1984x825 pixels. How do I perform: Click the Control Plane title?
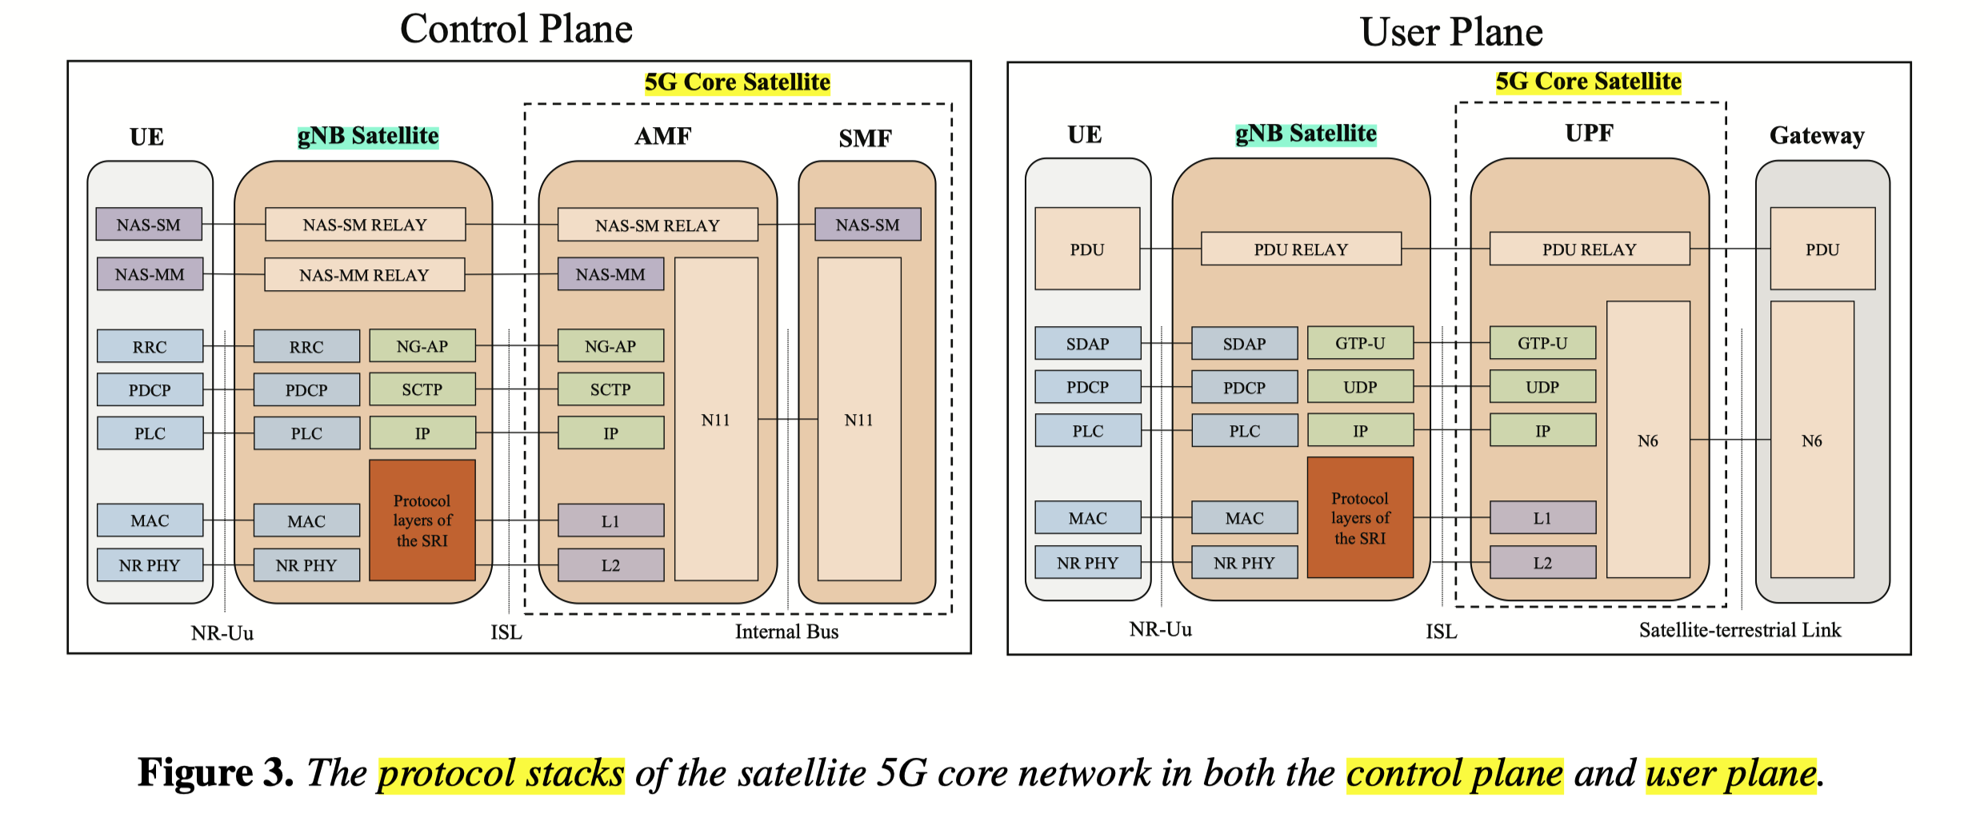(x=516, y=30)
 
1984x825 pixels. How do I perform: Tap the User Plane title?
(x=1450, y=33)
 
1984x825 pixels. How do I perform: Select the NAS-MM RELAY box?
(x=364, y=275)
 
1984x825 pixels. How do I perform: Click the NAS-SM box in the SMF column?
(x=867, y=225)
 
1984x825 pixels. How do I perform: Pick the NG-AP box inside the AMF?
(x=610, y=346)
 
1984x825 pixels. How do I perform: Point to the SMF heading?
(x=865, y=138)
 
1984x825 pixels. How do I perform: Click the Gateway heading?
(x=1817, y=135)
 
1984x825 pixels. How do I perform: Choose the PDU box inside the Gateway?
(x=1822, y=249)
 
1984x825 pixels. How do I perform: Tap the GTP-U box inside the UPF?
(x=1542, y=343)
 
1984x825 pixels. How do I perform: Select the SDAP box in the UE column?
(x=1087, y=344)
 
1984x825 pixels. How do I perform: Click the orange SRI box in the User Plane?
(x=1360, y=518)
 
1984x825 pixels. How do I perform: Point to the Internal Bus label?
(x=786, y=632)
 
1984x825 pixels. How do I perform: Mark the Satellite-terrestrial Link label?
(x=1740, y=630)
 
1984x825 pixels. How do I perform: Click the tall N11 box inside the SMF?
(x=859, y=419)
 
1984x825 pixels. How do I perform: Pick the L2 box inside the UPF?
(x=1542, y=563)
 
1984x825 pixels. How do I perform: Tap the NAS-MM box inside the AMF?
(x=610, y=274)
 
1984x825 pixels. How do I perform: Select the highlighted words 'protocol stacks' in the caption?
(x=501, y=774)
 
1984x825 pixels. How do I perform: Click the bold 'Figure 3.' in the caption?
(x=215, y=773)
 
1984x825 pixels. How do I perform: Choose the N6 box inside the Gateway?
(x=1812, y=440)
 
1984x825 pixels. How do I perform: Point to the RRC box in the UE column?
(x=150, y=347)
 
